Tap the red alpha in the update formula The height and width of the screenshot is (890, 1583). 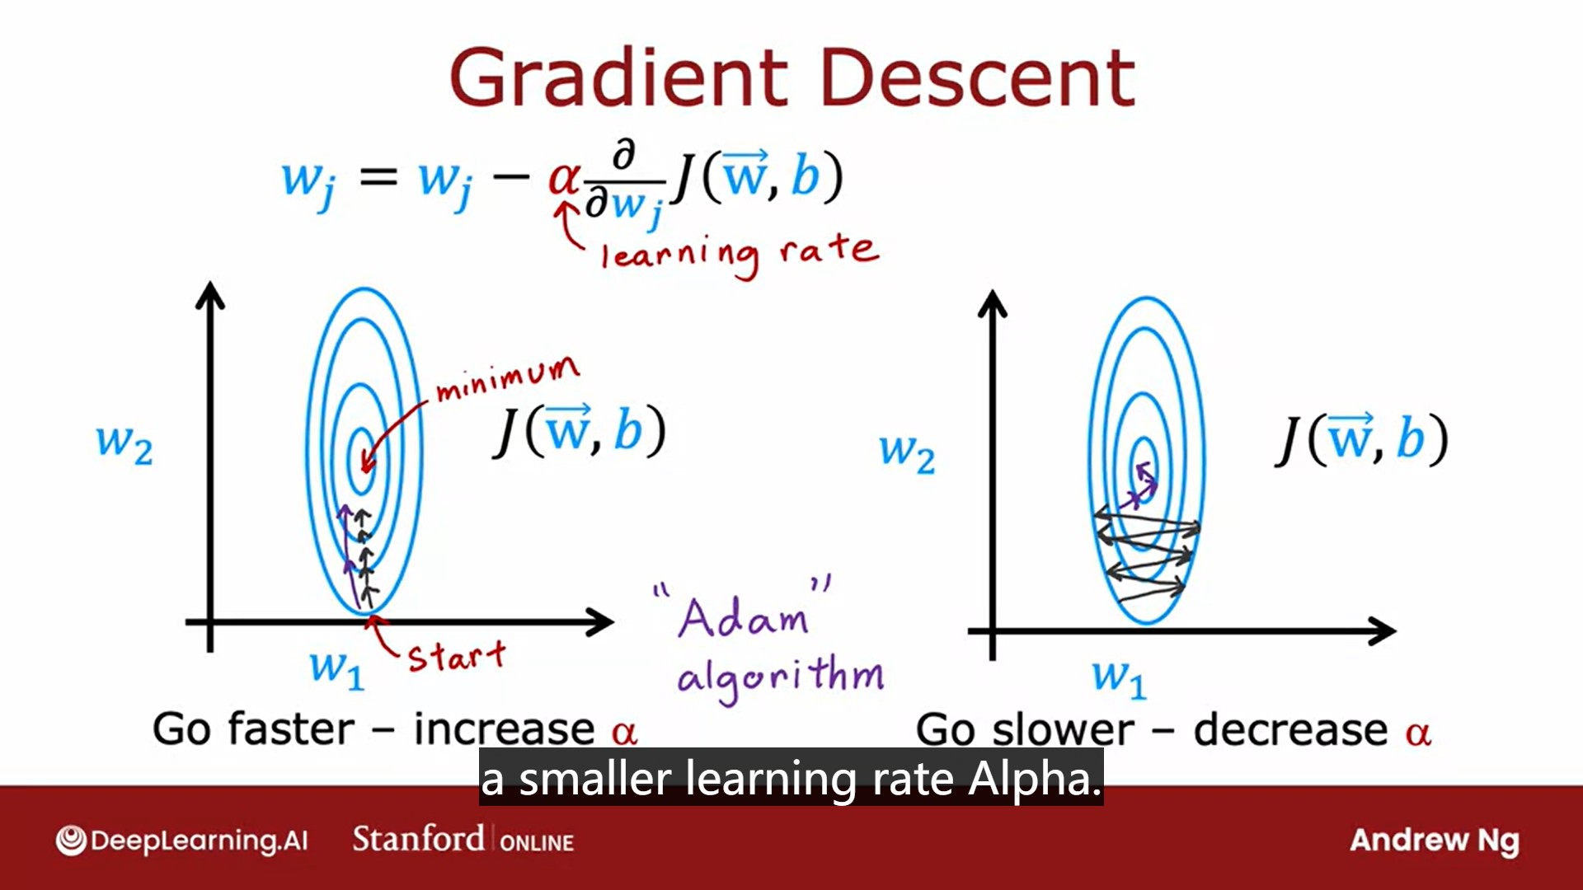click(565, 177)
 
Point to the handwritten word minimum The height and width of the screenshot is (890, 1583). click(507, 379)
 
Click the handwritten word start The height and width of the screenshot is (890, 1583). click(456, 657)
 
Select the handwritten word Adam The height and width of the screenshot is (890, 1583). click(742, 618)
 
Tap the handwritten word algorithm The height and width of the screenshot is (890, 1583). click(779, 677)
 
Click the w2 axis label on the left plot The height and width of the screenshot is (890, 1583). click(124, 445)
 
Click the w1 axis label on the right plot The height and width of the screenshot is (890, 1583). click(1119, 678)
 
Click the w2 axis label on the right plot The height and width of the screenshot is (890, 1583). click(907, 453)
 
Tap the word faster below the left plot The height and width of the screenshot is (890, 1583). click(291, 729)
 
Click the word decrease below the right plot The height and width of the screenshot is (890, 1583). click(1290, 730)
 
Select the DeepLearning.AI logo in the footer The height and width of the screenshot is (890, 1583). click(181, 841)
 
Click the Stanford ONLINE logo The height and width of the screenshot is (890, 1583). click(463, 840)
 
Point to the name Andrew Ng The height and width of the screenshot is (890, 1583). click(1434, 841)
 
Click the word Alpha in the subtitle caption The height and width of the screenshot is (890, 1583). click(1034, 779)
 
